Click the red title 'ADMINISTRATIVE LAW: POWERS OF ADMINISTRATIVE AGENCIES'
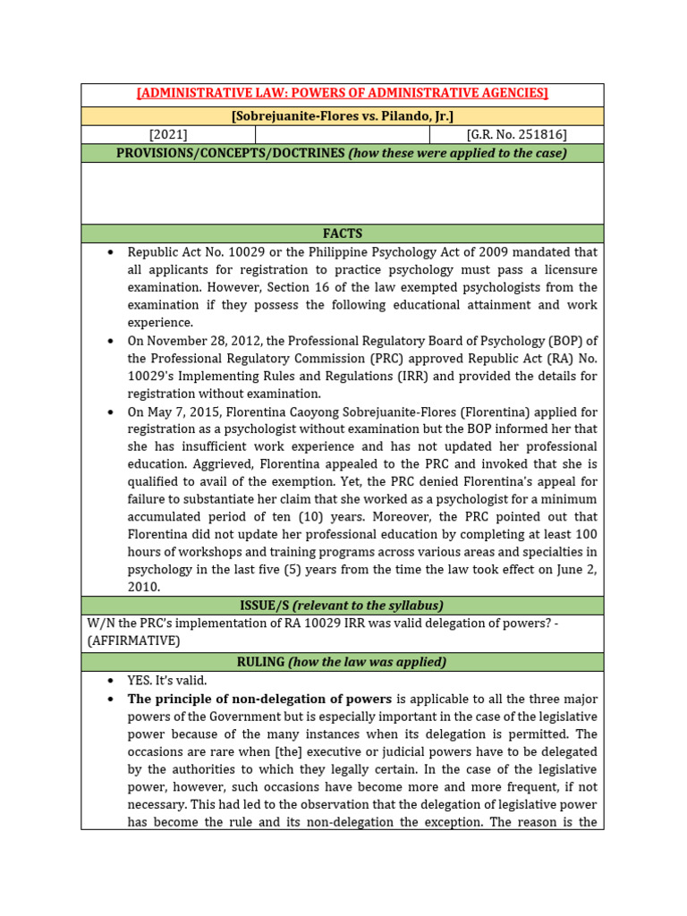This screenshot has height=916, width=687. click(342, 93)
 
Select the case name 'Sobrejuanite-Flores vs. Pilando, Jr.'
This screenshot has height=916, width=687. click(342, 116)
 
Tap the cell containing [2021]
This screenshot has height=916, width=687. click(168, 135)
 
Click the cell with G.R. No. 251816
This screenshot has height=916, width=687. click(516, 135)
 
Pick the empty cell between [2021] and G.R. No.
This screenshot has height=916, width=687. click(342, 135)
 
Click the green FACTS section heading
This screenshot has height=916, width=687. click(342, 233)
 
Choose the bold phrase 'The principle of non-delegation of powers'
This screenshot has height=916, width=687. click(259, 699)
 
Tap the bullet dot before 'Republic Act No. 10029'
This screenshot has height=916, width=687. click(110, 252)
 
